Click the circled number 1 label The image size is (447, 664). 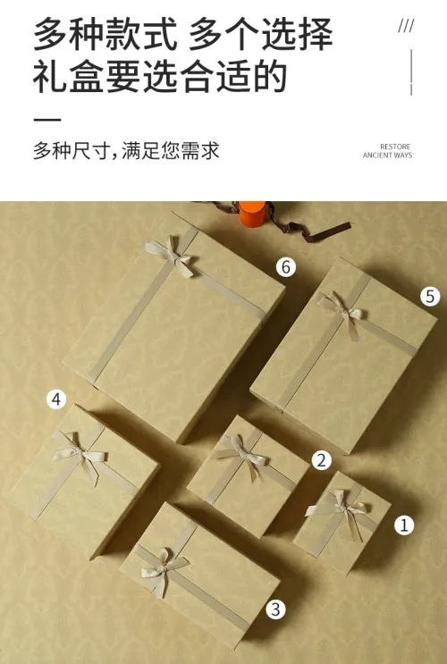point(404,525)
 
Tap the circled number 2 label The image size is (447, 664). point(322,460)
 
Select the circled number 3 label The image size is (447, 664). point(276,609)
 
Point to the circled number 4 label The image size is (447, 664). point(56,399)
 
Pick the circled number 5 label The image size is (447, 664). point(430,296)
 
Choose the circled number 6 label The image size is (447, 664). point(286,267)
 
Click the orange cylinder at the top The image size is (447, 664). point(252,214)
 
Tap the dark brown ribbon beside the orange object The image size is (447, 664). point(297,224)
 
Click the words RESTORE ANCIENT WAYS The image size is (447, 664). point(387,151)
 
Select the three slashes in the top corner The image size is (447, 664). point(406,26)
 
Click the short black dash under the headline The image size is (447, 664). point(47,120)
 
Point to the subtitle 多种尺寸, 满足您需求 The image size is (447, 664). point(126,151)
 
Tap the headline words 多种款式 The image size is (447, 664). point(105,34)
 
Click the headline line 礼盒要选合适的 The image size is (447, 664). point(160,77)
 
